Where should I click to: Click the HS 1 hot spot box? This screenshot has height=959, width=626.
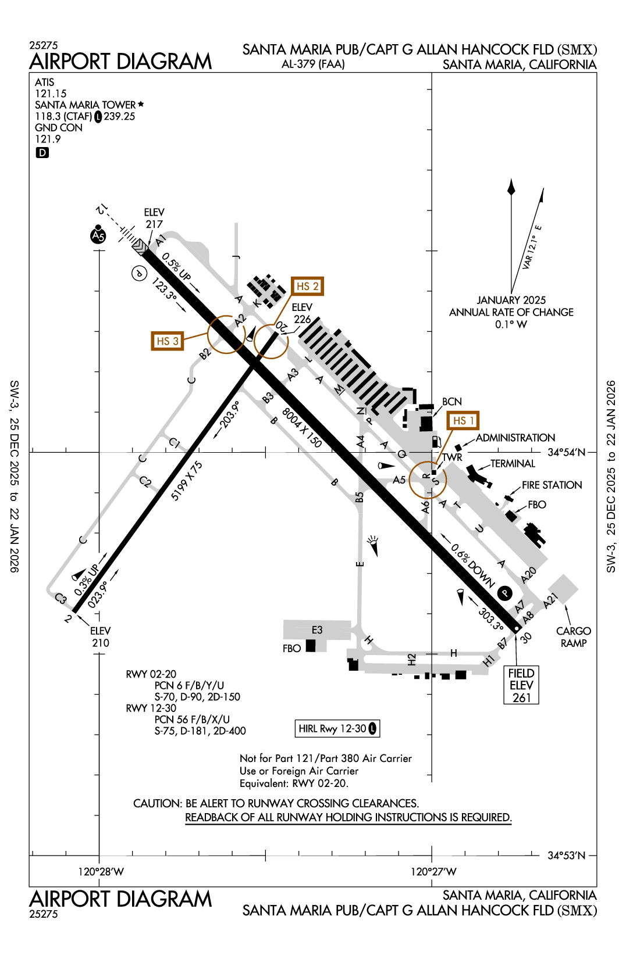[x=463, y=420]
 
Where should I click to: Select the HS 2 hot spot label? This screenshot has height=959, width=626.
[x=307, y=286]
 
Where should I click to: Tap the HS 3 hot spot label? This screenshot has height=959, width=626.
[x=167, y=341]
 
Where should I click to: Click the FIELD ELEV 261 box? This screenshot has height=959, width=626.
[x=521, y=685]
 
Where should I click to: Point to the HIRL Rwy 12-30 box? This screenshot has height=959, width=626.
[x=337, y=728]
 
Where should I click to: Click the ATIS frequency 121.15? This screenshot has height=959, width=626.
[x=51, y=94]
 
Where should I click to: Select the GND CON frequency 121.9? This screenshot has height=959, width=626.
[x=48, y=139]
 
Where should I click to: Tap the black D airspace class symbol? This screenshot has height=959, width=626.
[x=42, y=153]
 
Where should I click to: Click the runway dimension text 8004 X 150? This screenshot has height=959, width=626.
[x=301, y=428]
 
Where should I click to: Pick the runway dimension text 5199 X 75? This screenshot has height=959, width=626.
[x=187, y=481]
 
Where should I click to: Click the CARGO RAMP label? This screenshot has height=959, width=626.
[x=574, y=637]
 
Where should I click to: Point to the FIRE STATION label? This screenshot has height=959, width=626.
[x=552, y=485]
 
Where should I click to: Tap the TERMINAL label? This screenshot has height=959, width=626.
[x=513, y=463]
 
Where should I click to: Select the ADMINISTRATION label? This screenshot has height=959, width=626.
[x=515, y=438]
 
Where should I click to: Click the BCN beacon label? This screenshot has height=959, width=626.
[x=451, y=402]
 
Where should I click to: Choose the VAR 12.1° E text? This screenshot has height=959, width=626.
[x=532, y=247]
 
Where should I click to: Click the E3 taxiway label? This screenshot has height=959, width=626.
[x=316, y=630]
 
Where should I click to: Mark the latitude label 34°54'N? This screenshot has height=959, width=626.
[x=566, y=452]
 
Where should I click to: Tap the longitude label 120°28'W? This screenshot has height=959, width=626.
[x=101, y=871]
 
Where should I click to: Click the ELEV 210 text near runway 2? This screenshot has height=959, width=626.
[x=100, y=637]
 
